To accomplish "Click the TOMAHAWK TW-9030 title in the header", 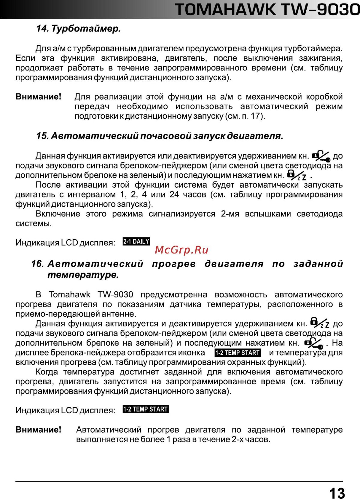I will tap(267, 9).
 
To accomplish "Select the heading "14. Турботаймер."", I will tap(78, 29).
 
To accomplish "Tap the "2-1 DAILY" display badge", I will tap(136, 242).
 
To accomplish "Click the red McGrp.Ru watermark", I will tap(181, 250).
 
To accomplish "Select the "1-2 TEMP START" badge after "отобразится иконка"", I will tap(238, 353).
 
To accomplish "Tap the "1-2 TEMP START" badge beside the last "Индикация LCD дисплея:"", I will tap(145, 409).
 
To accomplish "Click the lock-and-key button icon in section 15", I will tap(321, 156).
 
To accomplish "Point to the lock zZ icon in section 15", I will tap(296, 175).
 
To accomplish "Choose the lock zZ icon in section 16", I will tap(319, 323).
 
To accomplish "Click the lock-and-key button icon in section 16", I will tap(313, 343).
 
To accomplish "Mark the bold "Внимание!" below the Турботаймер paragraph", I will tap(38, 97).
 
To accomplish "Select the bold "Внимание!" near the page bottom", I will tap(38, 430).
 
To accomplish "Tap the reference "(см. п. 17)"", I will tap(245, 116).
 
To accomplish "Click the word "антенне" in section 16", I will tap(119, 314).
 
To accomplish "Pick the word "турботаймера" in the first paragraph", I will tap(313, 48).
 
